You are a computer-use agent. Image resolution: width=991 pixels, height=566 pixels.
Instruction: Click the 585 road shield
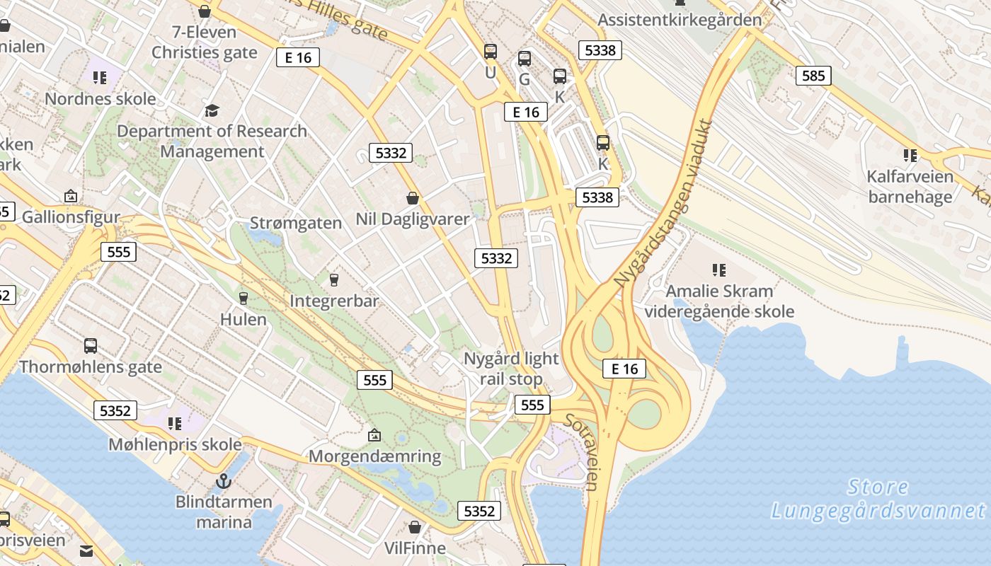(x=813, y=75)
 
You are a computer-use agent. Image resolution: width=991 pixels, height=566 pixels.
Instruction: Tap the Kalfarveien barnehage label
(x=910, y=186)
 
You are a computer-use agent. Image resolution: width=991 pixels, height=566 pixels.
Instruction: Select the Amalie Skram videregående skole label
(x=719, y=301)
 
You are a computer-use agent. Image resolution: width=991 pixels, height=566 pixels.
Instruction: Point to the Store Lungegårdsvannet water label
(x=878, y=499)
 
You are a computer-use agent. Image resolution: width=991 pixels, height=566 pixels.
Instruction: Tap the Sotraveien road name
(x=582, y=451)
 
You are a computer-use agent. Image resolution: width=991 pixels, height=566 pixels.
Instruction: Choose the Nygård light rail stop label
(x=511, y=369)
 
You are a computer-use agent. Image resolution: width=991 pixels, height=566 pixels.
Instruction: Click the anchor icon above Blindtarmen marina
(x=224, y=481)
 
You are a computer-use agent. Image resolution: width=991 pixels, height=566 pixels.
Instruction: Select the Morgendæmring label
(x=375, y=456)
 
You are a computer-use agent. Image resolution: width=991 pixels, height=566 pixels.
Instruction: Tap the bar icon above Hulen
(x=244, y=298)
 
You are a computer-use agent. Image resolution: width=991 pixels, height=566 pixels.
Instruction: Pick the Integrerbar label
(x=334, y=301)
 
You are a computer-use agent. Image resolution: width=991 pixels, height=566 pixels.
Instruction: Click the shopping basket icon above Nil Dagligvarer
(x=413, y=198)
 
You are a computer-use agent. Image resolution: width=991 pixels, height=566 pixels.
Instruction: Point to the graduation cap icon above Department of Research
(x=212, y=110)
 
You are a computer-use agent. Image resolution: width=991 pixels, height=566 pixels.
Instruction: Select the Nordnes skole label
(x=100, y=98)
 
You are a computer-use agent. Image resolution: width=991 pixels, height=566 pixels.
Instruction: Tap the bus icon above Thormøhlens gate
(x=91, y=346)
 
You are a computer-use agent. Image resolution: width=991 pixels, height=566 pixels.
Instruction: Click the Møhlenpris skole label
(x=175, y=444)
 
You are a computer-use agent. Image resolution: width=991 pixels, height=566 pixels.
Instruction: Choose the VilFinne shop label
(x=415, y=548)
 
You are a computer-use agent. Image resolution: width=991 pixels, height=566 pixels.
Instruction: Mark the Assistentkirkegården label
(x=680, y=19)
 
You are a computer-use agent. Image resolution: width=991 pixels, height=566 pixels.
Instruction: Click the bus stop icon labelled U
(x=490, y=51)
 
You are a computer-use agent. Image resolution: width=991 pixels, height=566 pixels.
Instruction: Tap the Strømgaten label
(x=296, y=223)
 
